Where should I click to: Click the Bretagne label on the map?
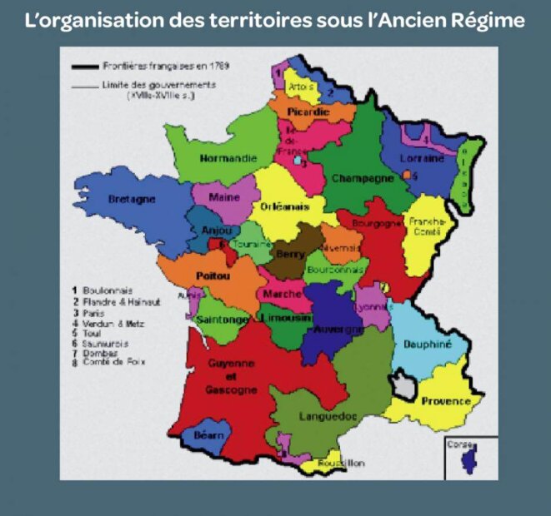(x=132, y=200)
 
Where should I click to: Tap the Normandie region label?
(x=228, y=157)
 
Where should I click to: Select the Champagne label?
(x=362, y=178)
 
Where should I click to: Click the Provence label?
(x=446, y=401)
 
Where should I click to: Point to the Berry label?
(x=289, y=255)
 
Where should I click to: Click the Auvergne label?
(x=338, y=329)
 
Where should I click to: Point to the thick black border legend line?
(x=86, y=65)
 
